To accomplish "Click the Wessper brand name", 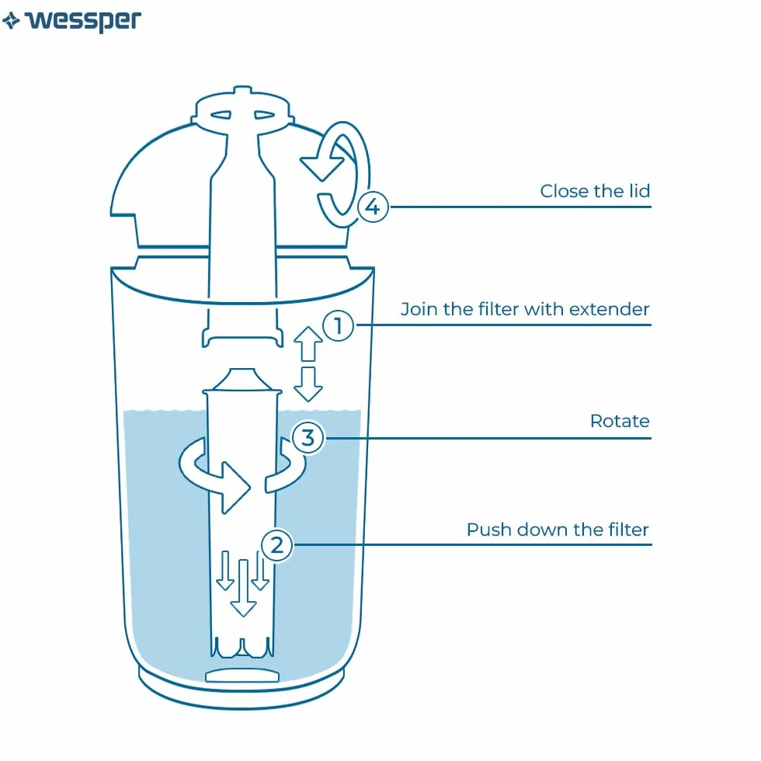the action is tap(83, 21).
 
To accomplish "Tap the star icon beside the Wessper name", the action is tap(11, 21).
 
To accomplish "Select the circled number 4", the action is tap(373, 207).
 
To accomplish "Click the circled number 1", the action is tap(339, 325).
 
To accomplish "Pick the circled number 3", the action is tap(308, 438).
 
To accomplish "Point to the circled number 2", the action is tap(276, 545).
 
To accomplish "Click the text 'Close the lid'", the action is tap(595, 191).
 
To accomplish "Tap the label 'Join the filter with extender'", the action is tap(525, 309).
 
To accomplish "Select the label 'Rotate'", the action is tap(620, 421).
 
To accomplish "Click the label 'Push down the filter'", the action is tap(558, 530).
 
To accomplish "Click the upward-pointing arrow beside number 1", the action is tap(308, 344).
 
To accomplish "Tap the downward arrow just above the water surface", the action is tap(308, 384).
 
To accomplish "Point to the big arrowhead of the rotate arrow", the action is tap(235, 488).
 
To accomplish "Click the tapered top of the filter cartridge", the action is tap(242, 380).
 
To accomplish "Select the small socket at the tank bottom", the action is tap(242, 675).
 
